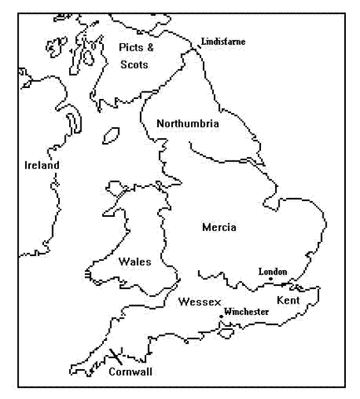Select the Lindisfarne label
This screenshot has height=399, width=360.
point(224,42)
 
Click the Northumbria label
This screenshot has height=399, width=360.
point(188,124)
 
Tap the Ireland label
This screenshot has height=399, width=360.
point(42,165)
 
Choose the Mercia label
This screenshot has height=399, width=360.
point(219,227)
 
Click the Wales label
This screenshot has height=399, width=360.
point(135,261)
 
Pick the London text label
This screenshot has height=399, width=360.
point(273,272)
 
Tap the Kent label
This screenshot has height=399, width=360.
point(288,299)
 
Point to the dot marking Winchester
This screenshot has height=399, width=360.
point(219,316)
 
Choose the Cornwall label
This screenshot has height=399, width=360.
point(131,372)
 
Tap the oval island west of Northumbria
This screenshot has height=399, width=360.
point(110,133)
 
